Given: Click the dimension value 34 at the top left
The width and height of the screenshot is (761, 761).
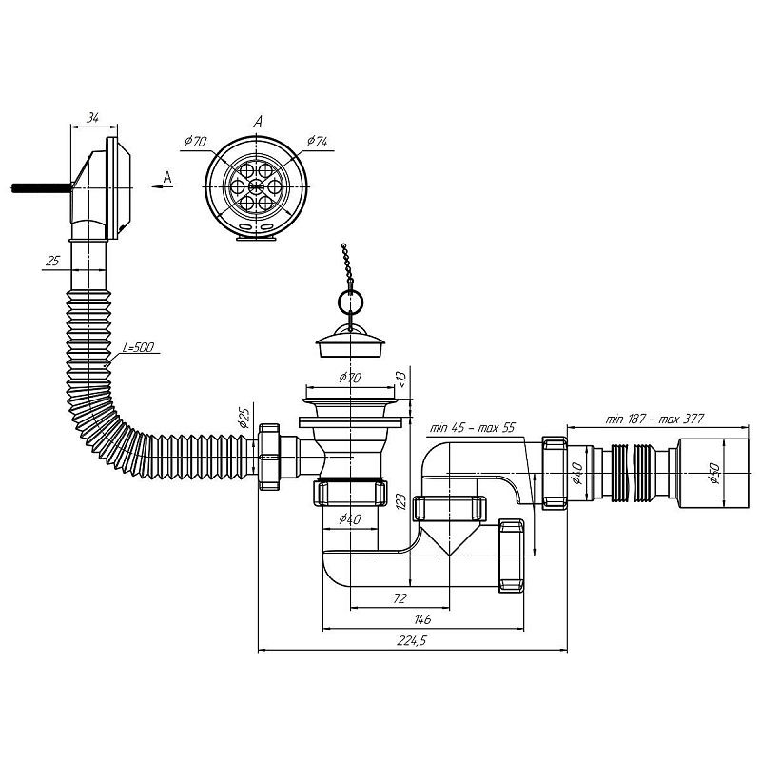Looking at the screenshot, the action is pyautogui.click(x=93, y=117).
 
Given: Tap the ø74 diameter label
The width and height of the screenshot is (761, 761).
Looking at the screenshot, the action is pyautogui.click(x=318, y=141).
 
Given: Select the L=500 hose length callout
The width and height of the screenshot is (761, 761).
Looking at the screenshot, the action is pyautogui.click(x=138, y=347).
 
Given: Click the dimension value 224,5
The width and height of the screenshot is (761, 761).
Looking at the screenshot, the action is pyautogui.click(x=411, y=640).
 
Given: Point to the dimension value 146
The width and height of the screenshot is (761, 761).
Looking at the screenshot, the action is pyautogui.click(x=422, y=619).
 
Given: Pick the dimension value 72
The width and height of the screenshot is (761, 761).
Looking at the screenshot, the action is pyautogui.click(x=399, y=598).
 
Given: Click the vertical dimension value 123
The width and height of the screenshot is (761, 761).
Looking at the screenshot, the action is pyautogui.click(x=400, y=501).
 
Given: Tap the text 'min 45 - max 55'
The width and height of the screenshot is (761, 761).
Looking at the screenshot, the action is pyautogui.click(x=472, y=428).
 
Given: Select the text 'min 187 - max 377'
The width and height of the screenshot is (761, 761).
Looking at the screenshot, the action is pyautogui.click(x=654, y=419).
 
